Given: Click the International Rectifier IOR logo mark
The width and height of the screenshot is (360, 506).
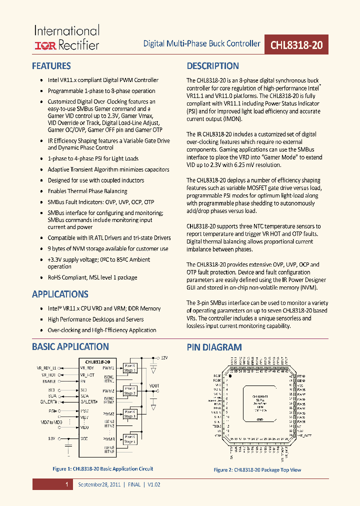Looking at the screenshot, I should (x=45, y=45).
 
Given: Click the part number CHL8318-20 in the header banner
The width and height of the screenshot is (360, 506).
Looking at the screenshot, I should (x=296, y=44).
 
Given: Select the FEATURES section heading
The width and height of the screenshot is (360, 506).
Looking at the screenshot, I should (x=51, y=66).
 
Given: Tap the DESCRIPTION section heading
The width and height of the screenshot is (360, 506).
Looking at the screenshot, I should (x=212, y=66).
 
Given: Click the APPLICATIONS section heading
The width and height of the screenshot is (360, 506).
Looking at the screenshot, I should (x=60, y=294).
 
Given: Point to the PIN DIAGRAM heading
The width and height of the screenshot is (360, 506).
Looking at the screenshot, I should (x=214, y=347).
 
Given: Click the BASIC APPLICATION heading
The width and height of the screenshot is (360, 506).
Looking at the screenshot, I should (x=70, y=346).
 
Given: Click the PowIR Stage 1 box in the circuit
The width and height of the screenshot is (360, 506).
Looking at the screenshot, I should (x=130, y=367).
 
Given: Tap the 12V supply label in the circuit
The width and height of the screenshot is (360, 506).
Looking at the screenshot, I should (x=164, y=358).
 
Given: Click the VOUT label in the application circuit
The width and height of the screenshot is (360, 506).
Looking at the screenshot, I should (x=154, y=385).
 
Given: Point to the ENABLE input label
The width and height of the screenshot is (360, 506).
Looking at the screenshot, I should (x=49, y=380).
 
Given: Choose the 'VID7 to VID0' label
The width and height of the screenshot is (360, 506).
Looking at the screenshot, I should (x=50, y=422).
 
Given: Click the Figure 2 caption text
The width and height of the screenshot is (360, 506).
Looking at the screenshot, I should (x=257, y=470).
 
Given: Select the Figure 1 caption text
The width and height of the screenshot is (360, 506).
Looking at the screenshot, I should (x=102, y=469).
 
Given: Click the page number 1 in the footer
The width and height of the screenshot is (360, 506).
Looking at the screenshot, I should (x=66, y=484).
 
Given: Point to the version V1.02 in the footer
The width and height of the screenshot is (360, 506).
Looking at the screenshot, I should (x=153, y=484).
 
